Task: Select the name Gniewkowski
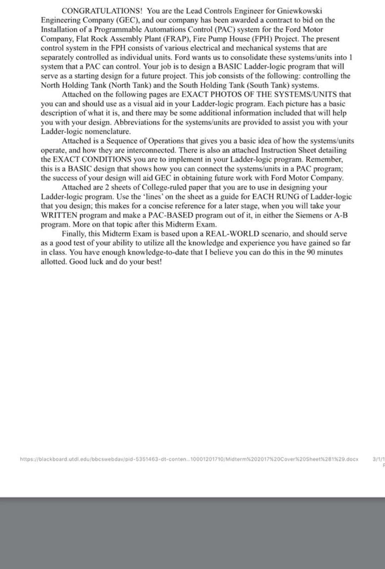coord(299,11)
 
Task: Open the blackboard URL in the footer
coord(189,459)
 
